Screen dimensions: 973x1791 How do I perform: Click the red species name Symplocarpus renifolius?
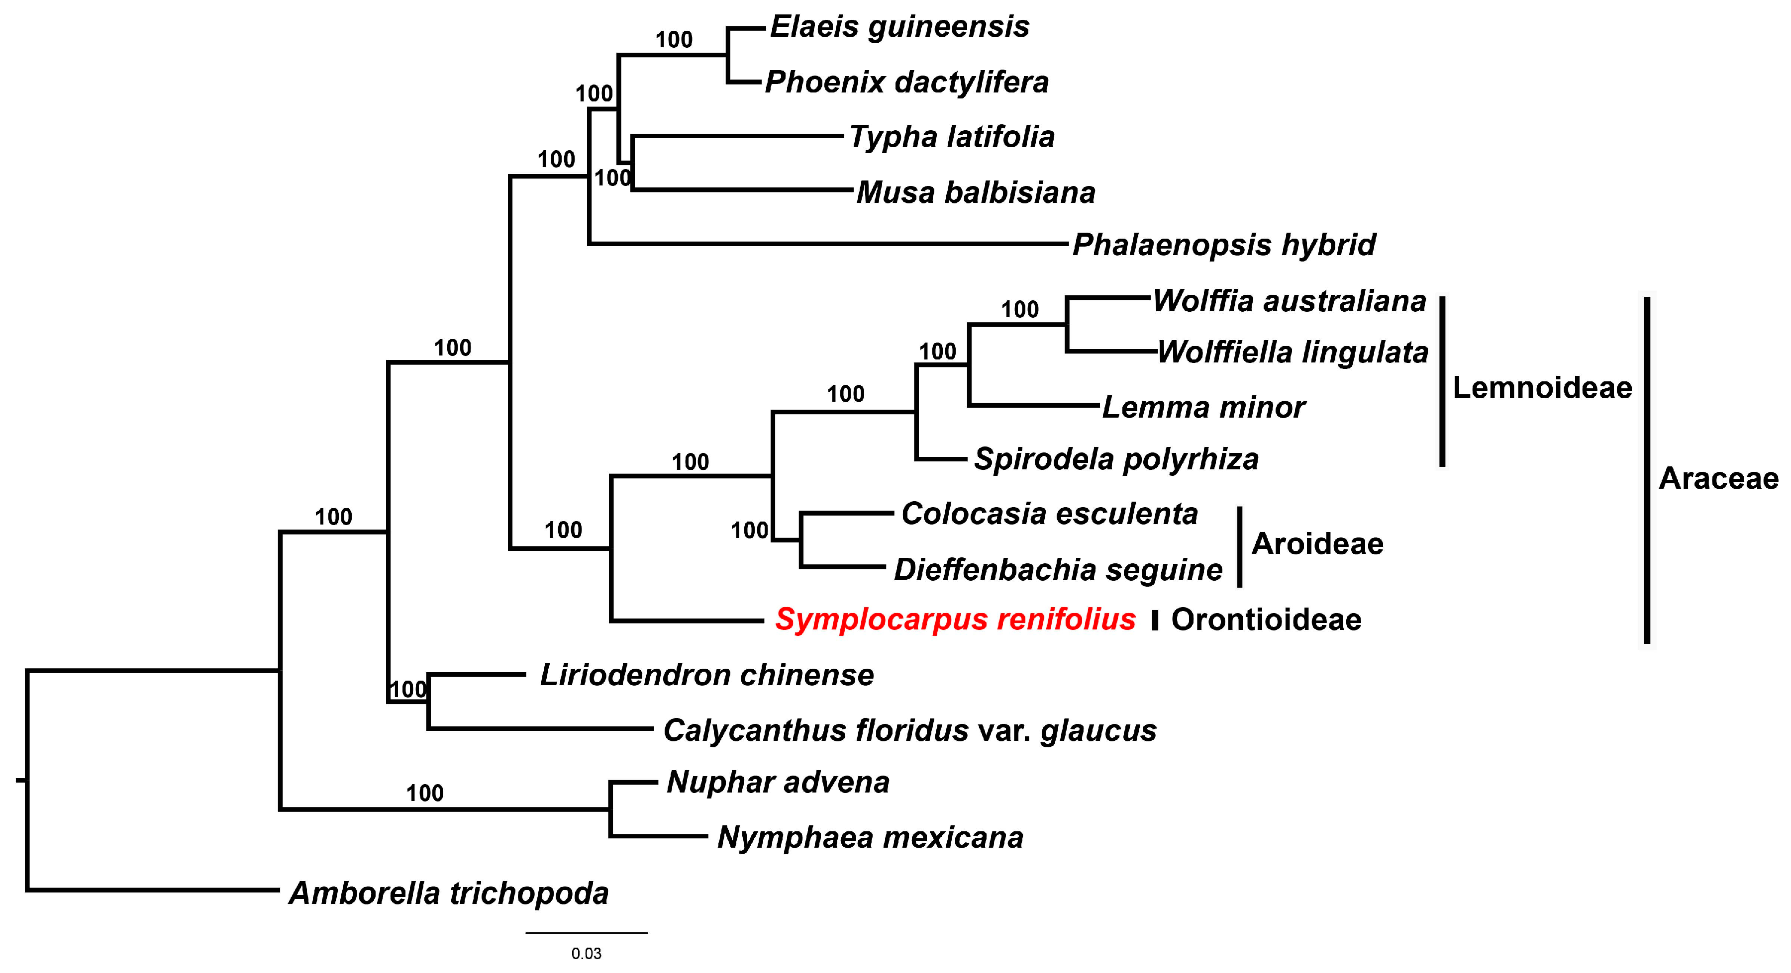(x=955, y=619)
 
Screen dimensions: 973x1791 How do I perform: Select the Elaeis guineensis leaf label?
(x=899, y=27)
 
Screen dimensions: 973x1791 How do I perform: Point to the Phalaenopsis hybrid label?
(x=1224, y=245)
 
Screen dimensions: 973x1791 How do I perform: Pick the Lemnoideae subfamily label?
(x=1542, y=387)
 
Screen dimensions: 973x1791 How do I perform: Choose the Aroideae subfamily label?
(x=1317, y=543)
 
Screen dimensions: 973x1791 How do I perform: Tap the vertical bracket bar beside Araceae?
(x=1646, y=470)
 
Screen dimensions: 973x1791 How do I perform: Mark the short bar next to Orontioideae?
(x=1155, y=620)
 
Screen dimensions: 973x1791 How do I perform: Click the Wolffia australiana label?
(x=1290, y=301)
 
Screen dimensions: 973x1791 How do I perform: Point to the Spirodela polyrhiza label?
(x=1116, y=459)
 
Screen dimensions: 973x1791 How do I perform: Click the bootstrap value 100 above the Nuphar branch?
(x=425, y=793)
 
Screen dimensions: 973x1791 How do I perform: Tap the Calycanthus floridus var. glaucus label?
(x=909, y=730)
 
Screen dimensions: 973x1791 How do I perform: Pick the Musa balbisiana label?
(x=976, y=192)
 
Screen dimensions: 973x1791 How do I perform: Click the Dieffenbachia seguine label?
(x=1058, y=570)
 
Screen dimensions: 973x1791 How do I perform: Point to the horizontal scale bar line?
(x=586, y=933)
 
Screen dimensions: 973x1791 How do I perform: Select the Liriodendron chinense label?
(x=706, y=675)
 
